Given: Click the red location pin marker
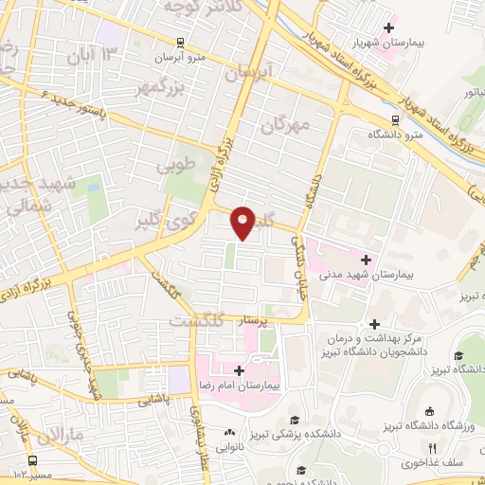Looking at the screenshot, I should click(x=243, y=222).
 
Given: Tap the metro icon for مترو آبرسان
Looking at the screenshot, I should click(x=180, y=43).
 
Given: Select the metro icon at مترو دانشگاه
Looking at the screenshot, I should click(x=393, y=119).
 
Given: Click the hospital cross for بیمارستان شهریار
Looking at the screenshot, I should click(x=389, y=29).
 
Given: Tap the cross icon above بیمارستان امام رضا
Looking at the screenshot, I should click(x=238, y=370).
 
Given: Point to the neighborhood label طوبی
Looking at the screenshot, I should click(x=179, y=164).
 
